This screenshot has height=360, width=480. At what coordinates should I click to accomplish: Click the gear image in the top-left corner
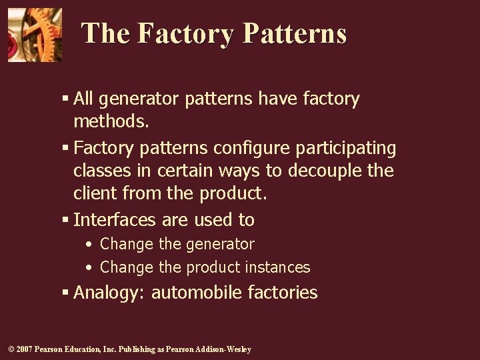pyautogui.click(x=35, y=35)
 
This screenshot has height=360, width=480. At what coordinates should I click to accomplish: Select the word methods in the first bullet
pyautogui.click(x=109, y=122)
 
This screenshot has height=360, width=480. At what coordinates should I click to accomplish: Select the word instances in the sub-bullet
pyautogui.click(x=277, y=268)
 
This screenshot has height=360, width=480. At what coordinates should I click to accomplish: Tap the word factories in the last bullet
pyautogui.click(x=283, y=293)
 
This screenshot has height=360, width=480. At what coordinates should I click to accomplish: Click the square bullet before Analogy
pyautogui.click(x=65, y=292)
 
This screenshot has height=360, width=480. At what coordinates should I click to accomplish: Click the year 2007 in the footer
pyautogui.click(x=24, y=349)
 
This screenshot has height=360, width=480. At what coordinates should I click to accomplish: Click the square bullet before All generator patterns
pyautogui.click(x=65, y=99)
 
